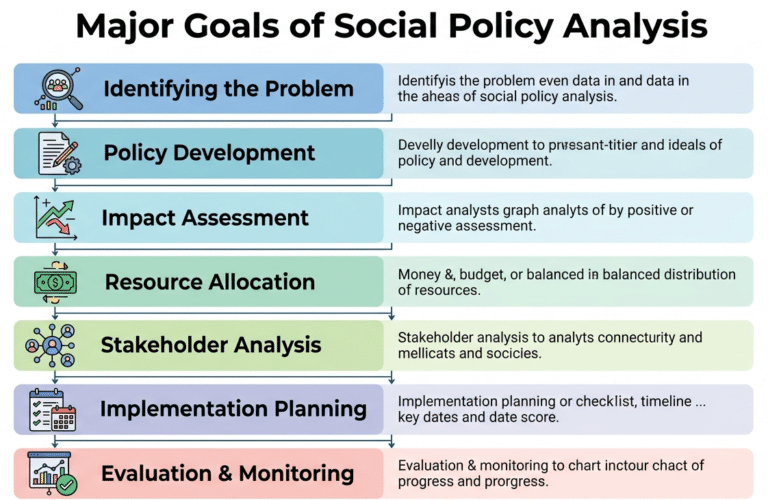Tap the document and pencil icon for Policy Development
(57, 153)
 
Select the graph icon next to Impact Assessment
(56, 217)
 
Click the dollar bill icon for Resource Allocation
(55, 282)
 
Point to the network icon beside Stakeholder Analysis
(52, 346)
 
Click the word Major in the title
(131, 27)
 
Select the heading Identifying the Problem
(228, 89)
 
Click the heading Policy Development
(209, 153)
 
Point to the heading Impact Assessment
(205, 217)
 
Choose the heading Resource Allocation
(209, 282)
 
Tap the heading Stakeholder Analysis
(211, 346)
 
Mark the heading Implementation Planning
(233, 409)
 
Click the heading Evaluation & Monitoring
(227, 473)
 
